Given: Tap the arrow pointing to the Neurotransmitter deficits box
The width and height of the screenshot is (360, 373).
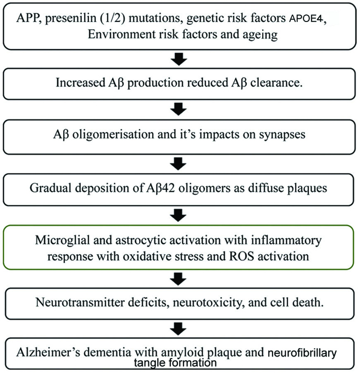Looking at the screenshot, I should [179, 279].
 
